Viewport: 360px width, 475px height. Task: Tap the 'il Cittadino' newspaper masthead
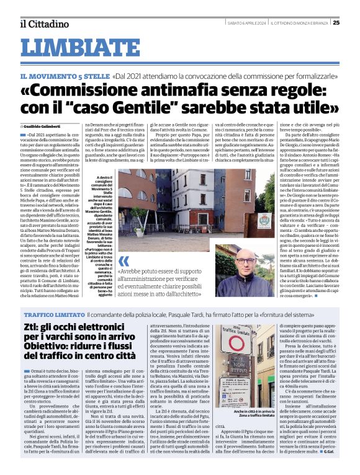click(x=43, y=24)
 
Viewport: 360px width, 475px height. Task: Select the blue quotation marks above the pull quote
click(x=124, y=261)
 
